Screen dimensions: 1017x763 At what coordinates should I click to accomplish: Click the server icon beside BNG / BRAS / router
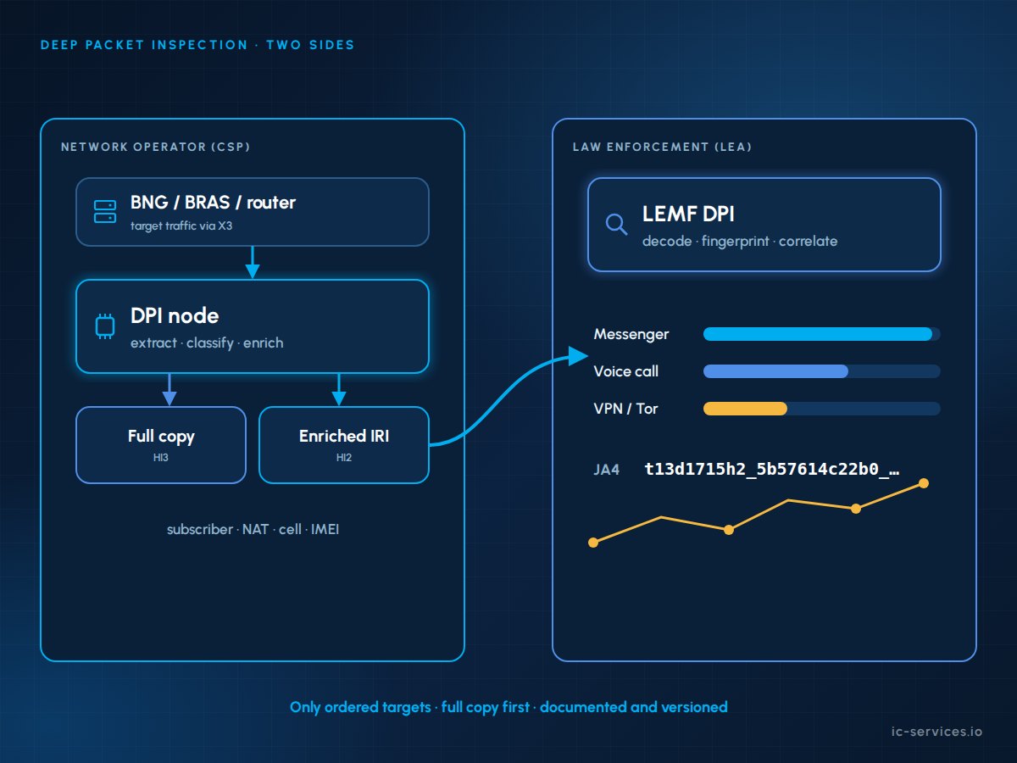(105, 212)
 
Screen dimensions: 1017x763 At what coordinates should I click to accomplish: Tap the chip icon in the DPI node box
(105, 326)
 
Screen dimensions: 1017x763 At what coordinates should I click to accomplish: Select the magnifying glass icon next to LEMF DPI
(617, 225)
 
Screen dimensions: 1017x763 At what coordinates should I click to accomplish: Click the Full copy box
(161, 445)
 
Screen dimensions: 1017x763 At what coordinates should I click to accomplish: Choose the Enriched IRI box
(344, 445)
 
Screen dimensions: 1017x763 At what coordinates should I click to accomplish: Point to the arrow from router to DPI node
(253, 262)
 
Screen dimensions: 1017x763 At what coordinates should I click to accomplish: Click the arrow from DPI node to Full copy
(169, 390)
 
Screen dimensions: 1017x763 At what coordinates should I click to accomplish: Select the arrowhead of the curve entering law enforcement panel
(578, 356)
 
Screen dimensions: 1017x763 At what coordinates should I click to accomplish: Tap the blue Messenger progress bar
(818, 334)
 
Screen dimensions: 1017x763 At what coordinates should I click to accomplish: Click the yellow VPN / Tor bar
(745, 409)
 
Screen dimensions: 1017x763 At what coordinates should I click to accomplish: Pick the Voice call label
(626, 371)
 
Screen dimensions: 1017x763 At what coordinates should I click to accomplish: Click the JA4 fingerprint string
(772, 470)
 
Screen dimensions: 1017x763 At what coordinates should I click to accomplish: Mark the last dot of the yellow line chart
(924, 483)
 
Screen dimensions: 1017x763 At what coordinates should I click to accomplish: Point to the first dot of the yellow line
(593, 543)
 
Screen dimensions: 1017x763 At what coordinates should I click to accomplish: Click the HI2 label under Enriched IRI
(344, 458)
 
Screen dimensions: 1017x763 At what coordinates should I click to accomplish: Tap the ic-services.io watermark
(936, 732)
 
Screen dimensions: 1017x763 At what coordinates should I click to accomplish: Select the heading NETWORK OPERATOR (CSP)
(156, 147)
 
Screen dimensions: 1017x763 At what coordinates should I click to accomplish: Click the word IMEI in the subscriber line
(325, 529)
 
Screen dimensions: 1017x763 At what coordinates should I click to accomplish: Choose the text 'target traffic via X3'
(181, 226)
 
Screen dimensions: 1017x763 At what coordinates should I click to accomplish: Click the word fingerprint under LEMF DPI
(736, 242)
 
